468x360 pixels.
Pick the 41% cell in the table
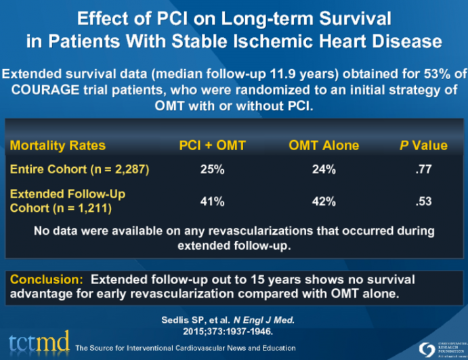click(x=212, y=201)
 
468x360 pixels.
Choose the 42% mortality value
click(x=324, y=201)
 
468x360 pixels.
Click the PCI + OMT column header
click(x=212, y=145)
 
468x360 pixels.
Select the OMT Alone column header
click(x=324, y=145)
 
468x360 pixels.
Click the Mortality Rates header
click(x=58, y=145)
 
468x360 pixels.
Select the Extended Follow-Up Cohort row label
click(x=67, y=200)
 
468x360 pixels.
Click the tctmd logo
click(x=38, y=342)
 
